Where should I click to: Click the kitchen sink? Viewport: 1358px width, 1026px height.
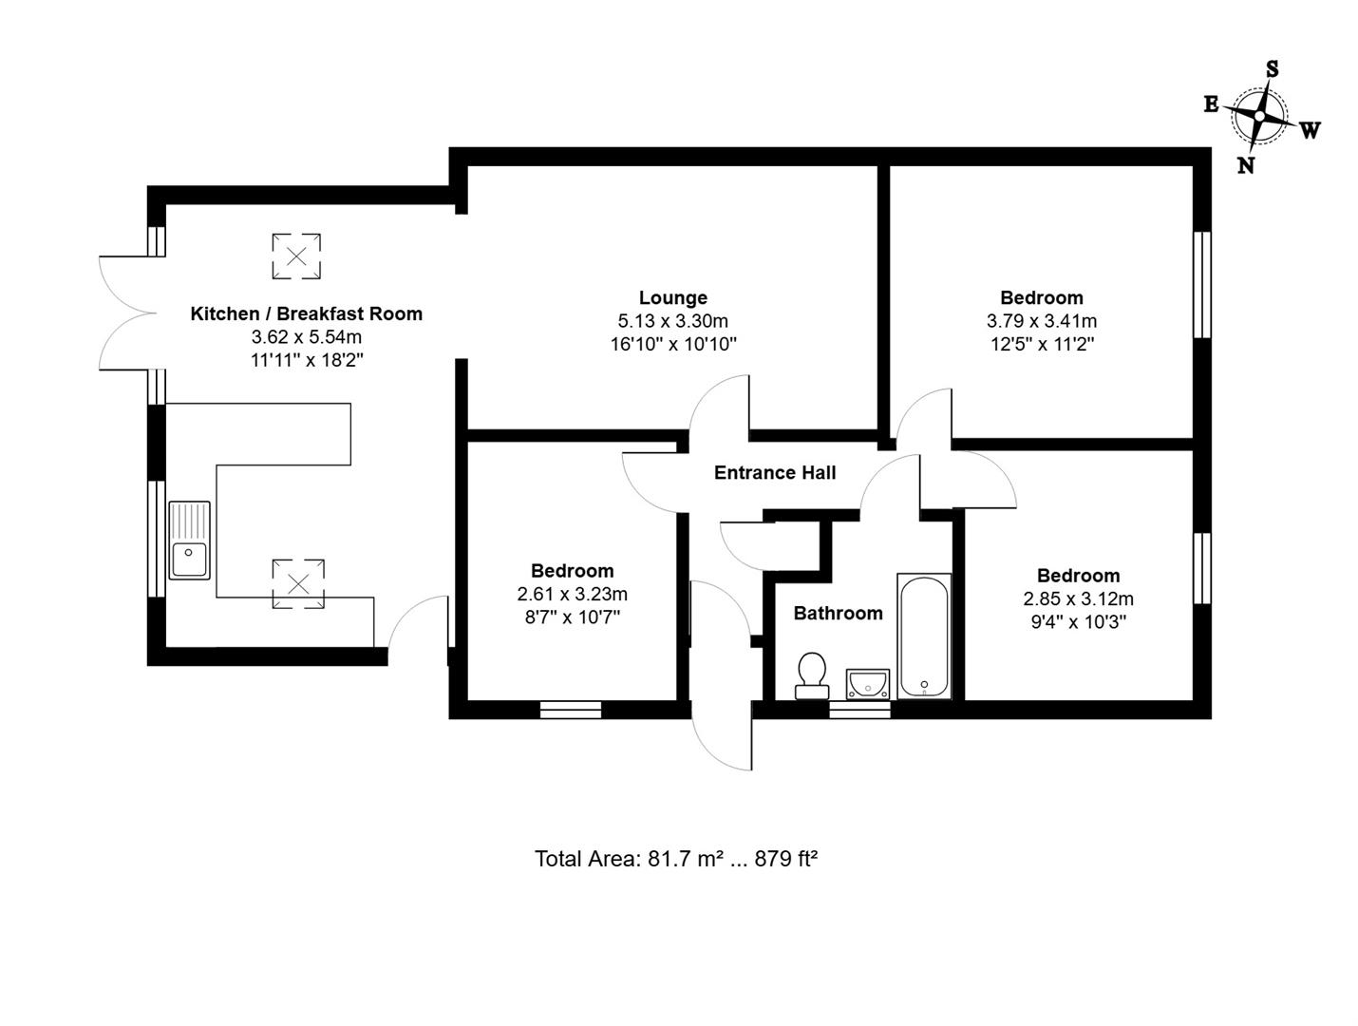tap(190, 540)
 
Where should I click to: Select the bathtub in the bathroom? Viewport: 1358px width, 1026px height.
tap(924, 636)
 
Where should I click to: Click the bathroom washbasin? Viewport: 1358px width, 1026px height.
tap(867, 683)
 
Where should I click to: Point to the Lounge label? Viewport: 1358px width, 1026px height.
tap(672, 297)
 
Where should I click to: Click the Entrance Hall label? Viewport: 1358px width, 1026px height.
tap(775, 472)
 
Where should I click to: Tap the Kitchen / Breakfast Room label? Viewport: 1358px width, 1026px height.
tap(306, 313)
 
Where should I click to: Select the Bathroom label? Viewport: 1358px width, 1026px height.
tap(838, 613)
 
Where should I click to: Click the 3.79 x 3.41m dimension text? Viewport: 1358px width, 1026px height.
tap(1041, 321)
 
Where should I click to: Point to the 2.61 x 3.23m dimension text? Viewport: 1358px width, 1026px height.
tap(572, 594)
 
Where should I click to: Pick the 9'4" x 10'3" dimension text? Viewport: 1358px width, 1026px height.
tap(1078, 622)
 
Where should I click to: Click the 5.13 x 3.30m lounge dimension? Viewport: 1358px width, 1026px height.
tap(672, 321)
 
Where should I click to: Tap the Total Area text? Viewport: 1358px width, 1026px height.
tap(676, 859)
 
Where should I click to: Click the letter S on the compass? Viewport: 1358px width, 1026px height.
tap(1272, 68)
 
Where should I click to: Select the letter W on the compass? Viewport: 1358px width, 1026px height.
tap(1310, 131)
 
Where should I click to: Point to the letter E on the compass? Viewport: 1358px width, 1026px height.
tap(1212, 104)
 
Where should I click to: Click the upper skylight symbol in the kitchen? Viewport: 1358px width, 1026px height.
tap(296, 256)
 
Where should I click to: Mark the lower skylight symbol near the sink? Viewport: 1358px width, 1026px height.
tap(298, 583)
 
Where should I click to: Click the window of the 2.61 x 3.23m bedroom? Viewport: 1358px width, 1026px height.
tap(571, 709)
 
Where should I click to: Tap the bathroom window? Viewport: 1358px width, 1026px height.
tap(859, 709)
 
